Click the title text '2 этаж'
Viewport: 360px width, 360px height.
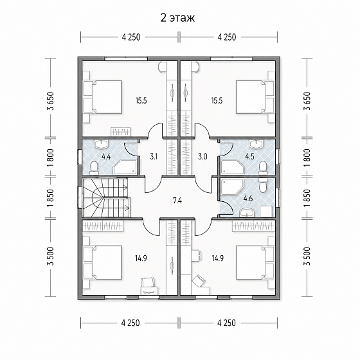[x=177, y=18]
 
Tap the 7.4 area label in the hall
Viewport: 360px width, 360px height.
[x=177, y=201]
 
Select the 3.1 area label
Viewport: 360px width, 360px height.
[x=154, y=157]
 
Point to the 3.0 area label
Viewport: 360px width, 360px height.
[x=203, y=157]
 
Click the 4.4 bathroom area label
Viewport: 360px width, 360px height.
[x=106, y=157]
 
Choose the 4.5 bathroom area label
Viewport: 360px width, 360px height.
[x=249, y=157]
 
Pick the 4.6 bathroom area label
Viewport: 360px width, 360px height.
[x=248, y=199]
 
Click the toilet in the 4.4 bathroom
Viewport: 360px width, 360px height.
[x=93, y=168]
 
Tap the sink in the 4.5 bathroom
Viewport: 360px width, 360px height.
[x=256, y=144]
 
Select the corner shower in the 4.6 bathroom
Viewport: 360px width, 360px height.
[x=231, y=188]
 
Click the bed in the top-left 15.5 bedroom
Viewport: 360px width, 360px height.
[x=103, y=96]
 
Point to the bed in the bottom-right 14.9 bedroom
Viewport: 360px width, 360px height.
[x=255, y=263]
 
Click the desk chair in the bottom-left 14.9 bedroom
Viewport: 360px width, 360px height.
[x=147, y=282]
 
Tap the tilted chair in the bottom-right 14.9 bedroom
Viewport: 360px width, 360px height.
[x=199, y=280]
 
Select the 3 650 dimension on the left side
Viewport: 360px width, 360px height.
[x=51, y=101]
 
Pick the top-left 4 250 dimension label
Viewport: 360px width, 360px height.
[x=131, y=37]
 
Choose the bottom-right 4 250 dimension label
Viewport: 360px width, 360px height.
[x=226, y=323]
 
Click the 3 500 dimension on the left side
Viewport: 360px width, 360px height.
[x=51, y=256]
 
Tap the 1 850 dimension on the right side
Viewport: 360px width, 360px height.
[x=307, y=199]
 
